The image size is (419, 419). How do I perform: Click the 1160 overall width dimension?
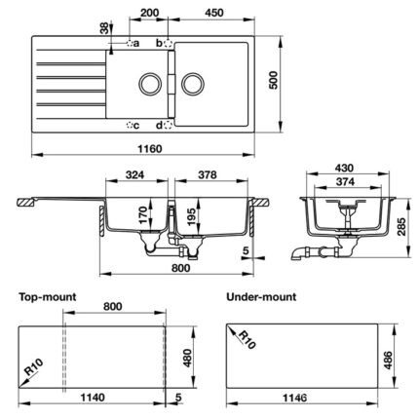[150, 149]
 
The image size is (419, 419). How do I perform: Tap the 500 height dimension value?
[274, 80]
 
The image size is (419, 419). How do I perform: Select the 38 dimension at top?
[103, 28]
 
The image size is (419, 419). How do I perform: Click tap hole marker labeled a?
[130, 43]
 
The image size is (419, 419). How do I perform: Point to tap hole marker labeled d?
[168, 125]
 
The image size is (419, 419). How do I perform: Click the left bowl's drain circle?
[150, 84]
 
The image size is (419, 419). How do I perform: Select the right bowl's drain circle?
[193, 84]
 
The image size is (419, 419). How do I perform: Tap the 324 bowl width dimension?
[134, 175]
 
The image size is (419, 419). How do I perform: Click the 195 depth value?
[191, 215]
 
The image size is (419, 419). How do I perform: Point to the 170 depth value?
[143, 215]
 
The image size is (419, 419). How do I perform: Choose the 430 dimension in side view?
[344, 168]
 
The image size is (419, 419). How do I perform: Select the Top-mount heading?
[48, 297]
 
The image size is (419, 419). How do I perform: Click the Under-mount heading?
[261, 296]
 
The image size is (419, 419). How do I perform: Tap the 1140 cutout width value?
[93, 397]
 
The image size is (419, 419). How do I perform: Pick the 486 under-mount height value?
[388, 360]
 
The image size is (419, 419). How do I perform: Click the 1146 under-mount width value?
[294, 398]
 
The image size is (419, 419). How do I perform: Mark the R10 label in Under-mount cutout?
[248, 340]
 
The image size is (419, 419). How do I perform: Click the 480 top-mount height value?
[187, 358]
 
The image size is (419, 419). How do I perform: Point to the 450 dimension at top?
[214, 13]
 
